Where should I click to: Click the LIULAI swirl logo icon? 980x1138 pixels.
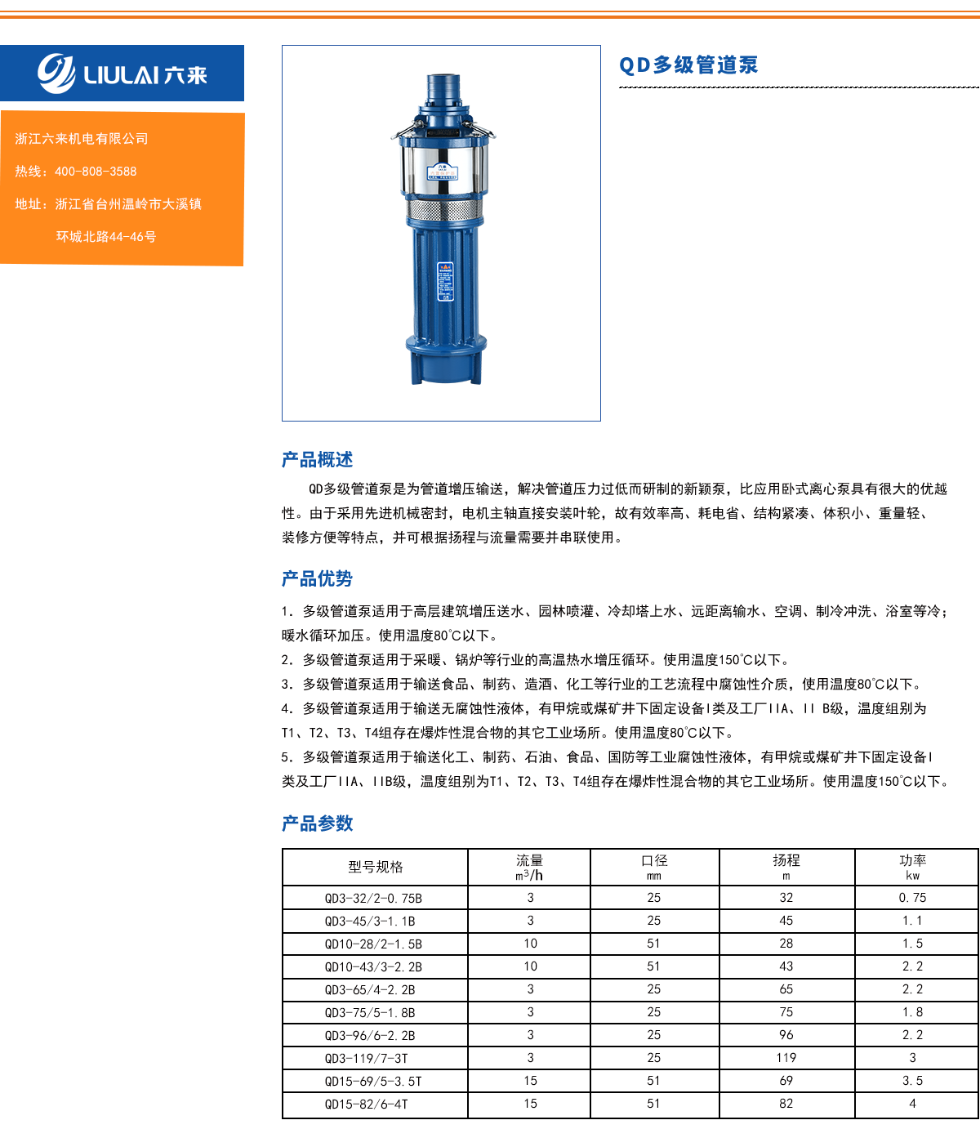point(56,74)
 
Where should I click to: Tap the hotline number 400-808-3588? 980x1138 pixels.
point(96,172)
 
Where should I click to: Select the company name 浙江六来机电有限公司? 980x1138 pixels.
point(82,139)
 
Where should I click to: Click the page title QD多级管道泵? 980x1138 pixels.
point(688,65)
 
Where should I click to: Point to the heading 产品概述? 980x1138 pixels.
point(317,459)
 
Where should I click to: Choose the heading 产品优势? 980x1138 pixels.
point(317,578)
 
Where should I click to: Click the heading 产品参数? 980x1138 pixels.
point(317,823)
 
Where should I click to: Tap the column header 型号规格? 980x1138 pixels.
point(376,867)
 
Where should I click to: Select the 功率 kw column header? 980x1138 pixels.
point(912,867)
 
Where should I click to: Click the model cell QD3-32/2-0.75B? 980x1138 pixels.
point(373,898)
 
